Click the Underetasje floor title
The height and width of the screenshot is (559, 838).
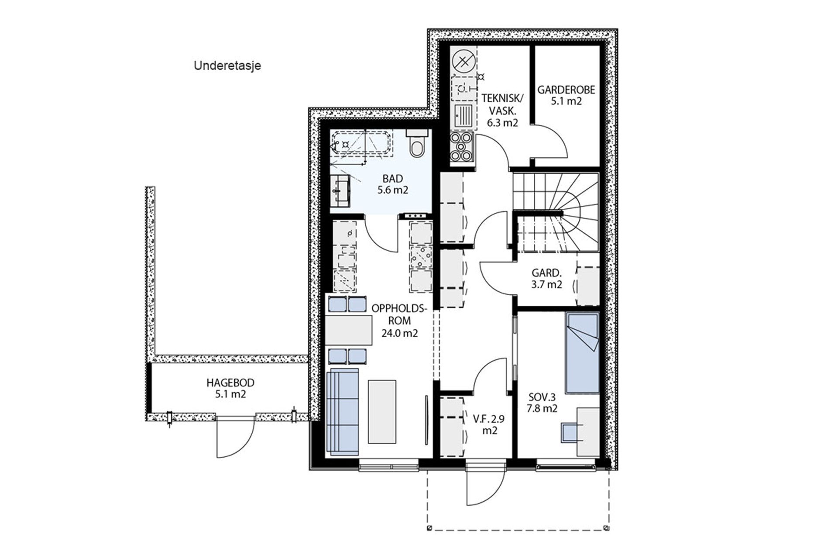(x=227, y=66)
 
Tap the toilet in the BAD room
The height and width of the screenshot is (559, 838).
(x=416, y=144)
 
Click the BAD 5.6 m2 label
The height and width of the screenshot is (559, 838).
(x=392, y=184)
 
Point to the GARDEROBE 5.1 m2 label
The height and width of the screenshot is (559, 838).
(x=566, y=95)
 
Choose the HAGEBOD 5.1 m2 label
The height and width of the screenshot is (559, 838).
(x=230, y=388)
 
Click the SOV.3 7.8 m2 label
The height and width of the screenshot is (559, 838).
(x=542, y=403)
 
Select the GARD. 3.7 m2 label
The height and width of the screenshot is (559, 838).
(x=546, y=279)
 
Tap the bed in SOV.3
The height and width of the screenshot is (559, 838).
(x=582, y=352)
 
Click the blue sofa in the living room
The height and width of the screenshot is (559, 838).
(x=342, y=412)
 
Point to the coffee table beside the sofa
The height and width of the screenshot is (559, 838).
(x=382, y=412)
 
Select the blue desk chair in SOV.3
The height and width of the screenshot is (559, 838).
(x=570, y=432)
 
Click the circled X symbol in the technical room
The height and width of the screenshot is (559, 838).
(x=464, y=62)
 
